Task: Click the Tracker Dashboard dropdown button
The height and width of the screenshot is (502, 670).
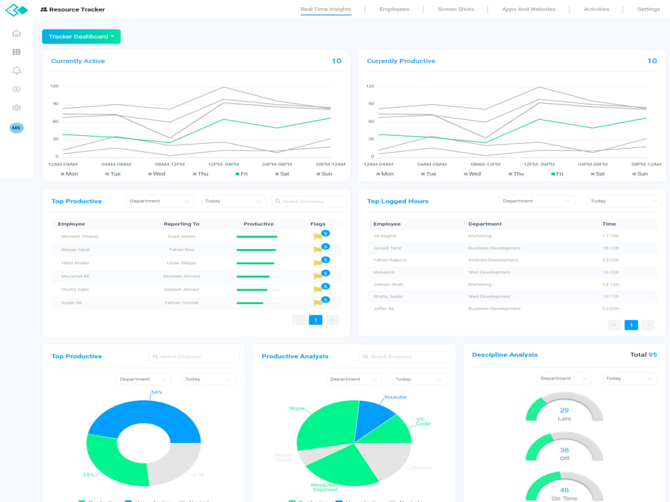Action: [x=81, y=37]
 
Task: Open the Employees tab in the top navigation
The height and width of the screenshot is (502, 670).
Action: [x=394, y=9]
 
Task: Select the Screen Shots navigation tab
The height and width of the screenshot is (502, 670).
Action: [x=456, y=9]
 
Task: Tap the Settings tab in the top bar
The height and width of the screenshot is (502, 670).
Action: [x=648, y=9]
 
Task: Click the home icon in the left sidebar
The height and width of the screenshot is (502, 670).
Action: [x=17, y=33]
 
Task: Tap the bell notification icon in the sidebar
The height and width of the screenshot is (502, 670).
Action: [x=17, y=70]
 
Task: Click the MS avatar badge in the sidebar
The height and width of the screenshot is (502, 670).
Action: [x=16, y=128]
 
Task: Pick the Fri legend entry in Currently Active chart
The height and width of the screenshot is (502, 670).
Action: [x=242, y=174]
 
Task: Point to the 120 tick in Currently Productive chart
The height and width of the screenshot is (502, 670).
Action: [x=369, y=86]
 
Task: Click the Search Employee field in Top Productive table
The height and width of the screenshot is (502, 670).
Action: [x=309, y=201]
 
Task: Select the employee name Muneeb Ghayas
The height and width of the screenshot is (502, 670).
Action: [x=80, y=236]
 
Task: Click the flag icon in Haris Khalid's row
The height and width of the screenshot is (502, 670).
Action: [x=318, y=263]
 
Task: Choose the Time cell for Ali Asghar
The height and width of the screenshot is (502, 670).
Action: [x=610, y=236]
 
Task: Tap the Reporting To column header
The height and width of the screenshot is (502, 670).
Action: [x=182, y=224]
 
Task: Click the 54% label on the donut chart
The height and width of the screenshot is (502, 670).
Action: [x=157, y=392]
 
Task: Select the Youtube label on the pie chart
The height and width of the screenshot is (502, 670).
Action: [x=395, y=397]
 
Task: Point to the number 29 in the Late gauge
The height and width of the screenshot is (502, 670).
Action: [x=564, y=410]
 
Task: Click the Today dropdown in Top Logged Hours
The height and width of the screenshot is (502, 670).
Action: [x=624, y=201]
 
